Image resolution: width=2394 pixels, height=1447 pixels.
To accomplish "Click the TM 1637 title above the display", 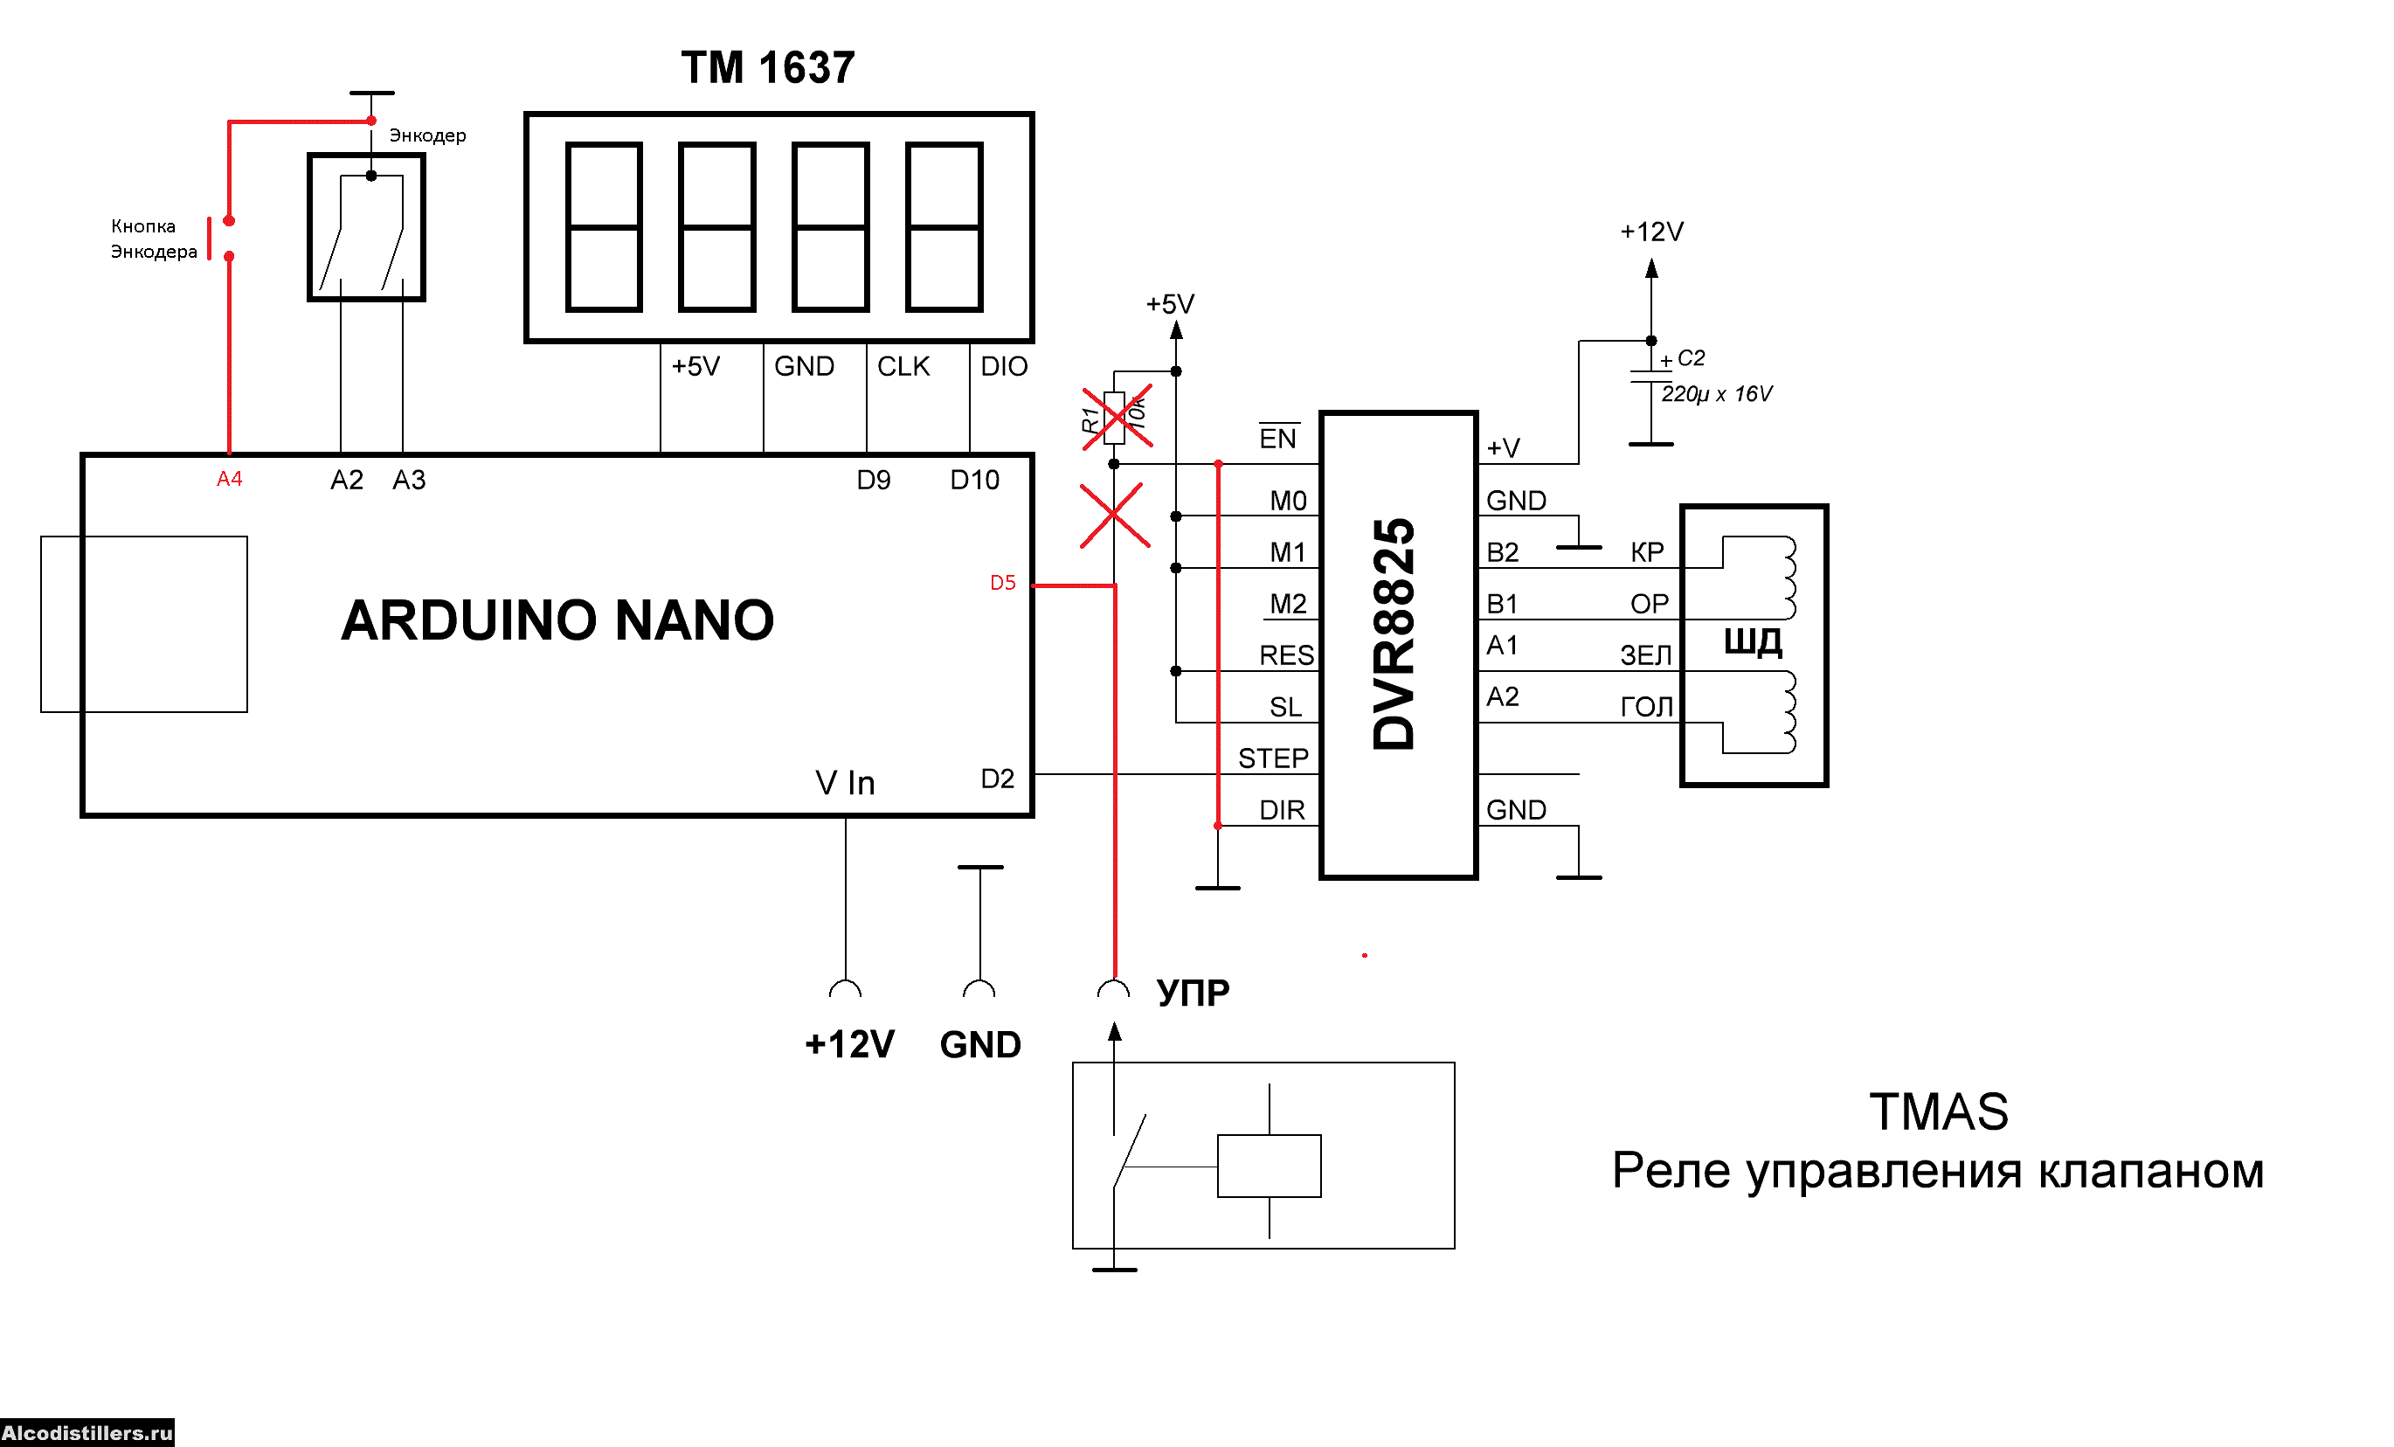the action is point(767,68).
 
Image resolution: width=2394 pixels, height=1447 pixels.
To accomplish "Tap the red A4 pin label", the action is point(229,478).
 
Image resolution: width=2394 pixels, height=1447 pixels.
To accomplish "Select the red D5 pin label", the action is point(1003,582).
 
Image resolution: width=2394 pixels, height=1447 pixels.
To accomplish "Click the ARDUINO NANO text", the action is point(557,620).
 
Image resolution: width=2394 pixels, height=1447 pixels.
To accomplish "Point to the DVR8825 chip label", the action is point(1394,633).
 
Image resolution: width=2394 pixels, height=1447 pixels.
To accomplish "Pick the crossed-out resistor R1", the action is point(1114,418).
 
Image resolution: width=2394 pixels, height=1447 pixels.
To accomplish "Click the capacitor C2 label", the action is point(1691,357).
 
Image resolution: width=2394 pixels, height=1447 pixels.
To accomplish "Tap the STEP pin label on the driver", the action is point(1273,758).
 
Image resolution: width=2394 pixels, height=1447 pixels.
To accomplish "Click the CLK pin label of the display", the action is point(903,366).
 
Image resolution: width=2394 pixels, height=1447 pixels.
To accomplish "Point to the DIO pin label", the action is point(1004,366).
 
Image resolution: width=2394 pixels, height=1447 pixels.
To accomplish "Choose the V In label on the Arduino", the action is point(845,782).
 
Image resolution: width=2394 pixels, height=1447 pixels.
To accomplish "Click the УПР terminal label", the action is point(1194,993).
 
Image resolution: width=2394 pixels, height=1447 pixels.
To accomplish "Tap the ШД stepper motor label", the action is point(1754,641).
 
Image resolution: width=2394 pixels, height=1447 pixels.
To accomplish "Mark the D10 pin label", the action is point(974,480).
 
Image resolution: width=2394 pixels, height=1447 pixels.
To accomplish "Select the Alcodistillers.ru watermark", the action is point(87,1432).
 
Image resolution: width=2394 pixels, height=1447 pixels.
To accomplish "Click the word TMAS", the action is point(1938,1111).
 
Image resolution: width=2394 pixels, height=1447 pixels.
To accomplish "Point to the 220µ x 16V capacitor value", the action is point(1717,393).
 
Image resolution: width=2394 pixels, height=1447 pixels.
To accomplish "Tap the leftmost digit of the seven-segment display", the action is point(604,226).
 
